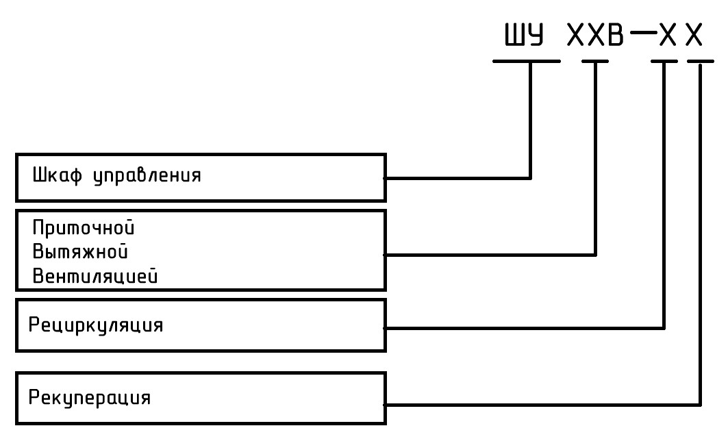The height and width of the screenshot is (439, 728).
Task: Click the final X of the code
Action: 694,36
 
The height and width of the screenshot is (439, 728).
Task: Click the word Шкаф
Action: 54,175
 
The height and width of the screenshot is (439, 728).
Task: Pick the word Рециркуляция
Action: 95,325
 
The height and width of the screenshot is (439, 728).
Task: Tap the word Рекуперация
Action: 90,397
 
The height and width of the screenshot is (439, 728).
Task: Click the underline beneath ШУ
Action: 526,61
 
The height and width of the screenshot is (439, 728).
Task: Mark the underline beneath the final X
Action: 700,61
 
